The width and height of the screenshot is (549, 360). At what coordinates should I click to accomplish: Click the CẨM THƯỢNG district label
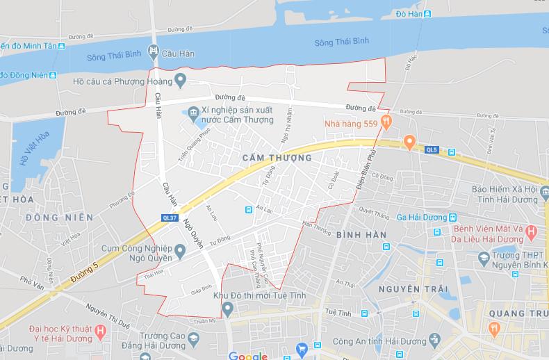tap(277, 158)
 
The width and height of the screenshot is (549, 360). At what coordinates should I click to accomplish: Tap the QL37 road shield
tap(168, 218)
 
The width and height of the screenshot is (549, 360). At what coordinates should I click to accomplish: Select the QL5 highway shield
tap(432, 149)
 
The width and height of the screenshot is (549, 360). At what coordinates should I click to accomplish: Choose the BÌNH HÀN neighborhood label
tap(361, 236)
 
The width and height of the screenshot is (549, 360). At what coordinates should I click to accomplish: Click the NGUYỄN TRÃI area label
tap(409, 288)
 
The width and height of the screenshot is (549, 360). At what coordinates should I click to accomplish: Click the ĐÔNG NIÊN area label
tap(59, 218)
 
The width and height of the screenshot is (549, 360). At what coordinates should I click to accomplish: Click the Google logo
tap(247, 356)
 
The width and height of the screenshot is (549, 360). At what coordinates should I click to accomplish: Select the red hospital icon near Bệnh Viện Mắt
tap(531, 231)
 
